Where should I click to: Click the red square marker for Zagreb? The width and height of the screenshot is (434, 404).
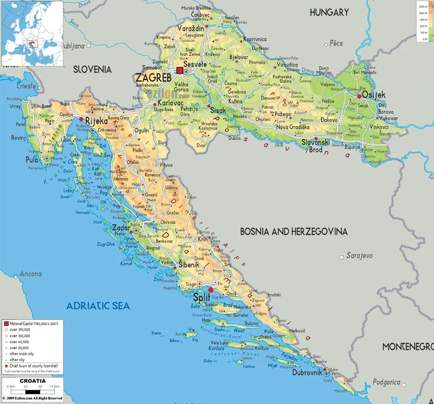pyautogui.click(x=180, y=70)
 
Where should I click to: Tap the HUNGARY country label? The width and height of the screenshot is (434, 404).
pyautogui.click(x=329, y=12)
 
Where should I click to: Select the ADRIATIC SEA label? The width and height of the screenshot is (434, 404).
pyautogui.click(x=98, y=306)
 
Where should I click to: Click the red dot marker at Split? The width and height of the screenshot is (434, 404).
pyautogui.click(x=211, y=290)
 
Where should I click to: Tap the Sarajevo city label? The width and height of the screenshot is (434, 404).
pyautogui.click(x=360, y=255)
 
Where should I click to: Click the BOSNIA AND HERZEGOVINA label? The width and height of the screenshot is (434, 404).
pyautogui.click(x=293, y=232)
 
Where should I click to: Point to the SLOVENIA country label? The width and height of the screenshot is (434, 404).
pyautogui.click(x=92, y=69)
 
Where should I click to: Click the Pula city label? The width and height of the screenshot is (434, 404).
pyautogui.click(x=32, y=160)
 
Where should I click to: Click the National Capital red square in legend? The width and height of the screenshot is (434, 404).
pyautogui.click(x=7, y=323)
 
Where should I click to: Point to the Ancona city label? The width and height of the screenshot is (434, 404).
pyautogui.click(x=30, y=274)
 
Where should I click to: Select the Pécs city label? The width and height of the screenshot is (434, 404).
pyautogui.click(x=336, y=43)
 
